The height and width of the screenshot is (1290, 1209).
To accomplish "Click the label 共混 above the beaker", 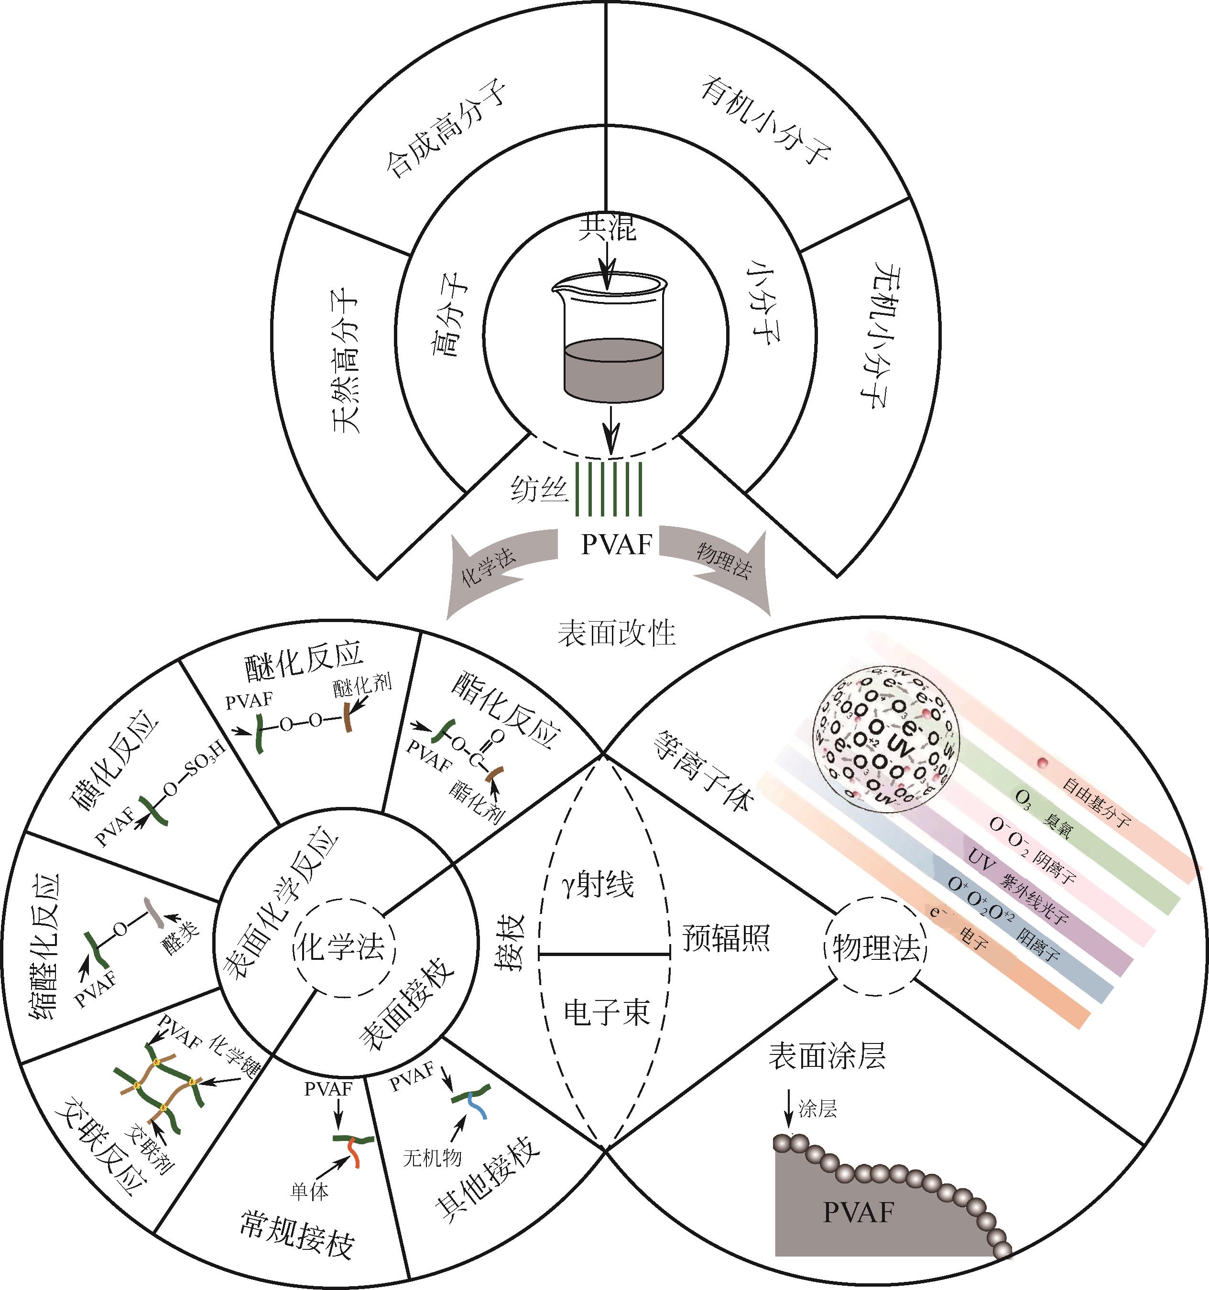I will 607,229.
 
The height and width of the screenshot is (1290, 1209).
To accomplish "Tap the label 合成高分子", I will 445,130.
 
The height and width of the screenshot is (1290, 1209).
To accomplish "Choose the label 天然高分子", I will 345,360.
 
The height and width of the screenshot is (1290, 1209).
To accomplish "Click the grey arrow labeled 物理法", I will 721,565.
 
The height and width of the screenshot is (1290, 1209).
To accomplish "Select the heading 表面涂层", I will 827,1056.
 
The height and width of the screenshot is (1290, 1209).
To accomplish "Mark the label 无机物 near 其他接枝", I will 432,1158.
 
